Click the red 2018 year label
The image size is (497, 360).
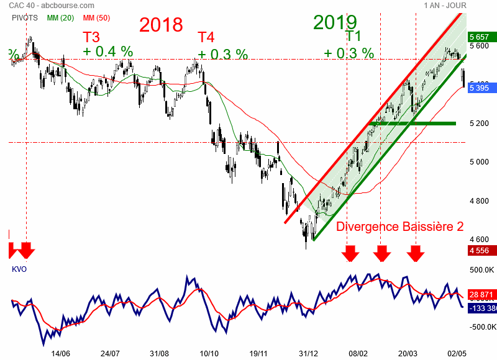(x=161, y=25)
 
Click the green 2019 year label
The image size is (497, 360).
(x=335, y=22)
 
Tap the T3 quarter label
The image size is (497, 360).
(x=91, y=37)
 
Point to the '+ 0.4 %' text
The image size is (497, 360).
(x=107, y=52)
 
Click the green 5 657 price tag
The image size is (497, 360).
(x=481, y=37)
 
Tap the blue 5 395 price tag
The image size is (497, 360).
(x=481, y=88)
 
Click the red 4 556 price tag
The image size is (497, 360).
(x=481, y=250)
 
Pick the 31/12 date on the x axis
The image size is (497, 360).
(x=309, y=352)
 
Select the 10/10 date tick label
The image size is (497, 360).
(x=209, y=352)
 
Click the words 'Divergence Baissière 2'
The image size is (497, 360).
(x=400, y=227)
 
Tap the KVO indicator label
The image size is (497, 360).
(x=19, y=269)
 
